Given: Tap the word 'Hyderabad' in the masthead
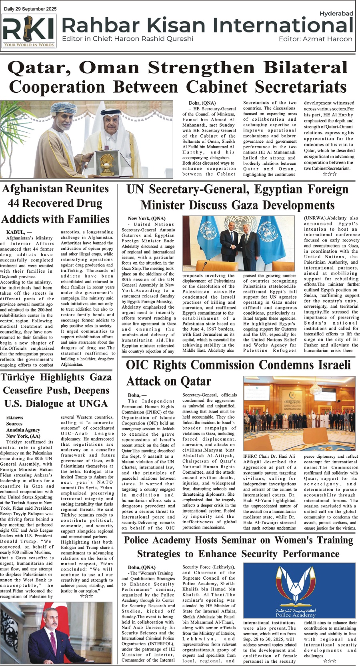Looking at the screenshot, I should [336, 14].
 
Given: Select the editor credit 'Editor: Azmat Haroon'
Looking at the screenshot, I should [315, 39].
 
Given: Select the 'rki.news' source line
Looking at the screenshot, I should [15, 418].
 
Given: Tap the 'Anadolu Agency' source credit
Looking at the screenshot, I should [23, 430].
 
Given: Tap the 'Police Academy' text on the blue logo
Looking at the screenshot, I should [296, 615].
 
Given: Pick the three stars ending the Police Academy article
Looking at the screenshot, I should [330, 661].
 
